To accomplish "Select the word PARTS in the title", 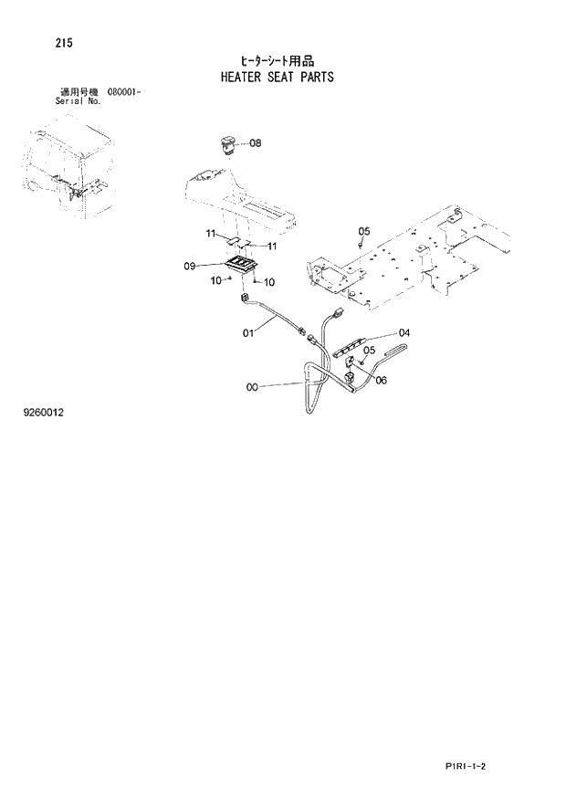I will [316, 77].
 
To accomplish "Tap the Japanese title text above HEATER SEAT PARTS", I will [277, 60].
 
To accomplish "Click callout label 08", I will [255, 143].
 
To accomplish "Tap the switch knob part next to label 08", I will [225, 143].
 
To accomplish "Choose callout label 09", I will [190, 266].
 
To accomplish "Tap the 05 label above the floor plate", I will [363, 230].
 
